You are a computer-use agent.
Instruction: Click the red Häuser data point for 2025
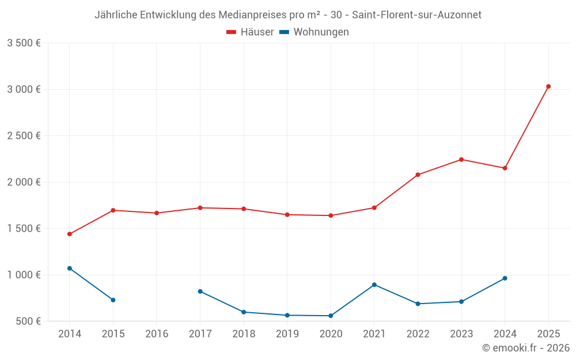548,86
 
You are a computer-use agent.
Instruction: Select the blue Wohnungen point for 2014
70,268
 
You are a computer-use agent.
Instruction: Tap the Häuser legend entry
251,32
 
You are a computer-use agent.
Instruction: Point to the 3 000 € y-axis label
24,89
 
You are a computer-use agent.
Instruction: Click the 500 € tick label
28,321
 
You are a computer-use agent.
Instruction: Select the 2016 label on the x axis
157,334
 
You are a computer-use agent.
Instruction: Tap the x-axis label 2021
374,334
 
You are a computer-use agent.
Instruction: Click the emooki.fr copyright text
525,348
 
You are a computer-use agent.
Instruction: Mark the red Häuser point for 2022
418,175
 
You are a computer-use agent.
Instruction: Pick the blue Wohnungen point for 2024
505,278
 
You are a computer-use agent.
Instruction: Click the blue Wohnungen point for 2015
113,300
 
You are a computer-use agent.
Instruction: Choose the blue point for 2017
200,291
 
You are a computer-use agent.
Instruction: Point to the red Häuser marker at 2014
70,234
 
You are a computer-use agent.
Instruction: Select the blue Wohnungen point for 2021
374,285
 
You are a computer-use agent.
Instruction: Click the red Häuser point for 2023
461,160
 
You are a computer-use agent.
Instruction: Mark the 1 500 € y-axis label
24,228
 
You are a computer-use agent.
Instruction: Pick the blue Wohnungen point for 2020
331,316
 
